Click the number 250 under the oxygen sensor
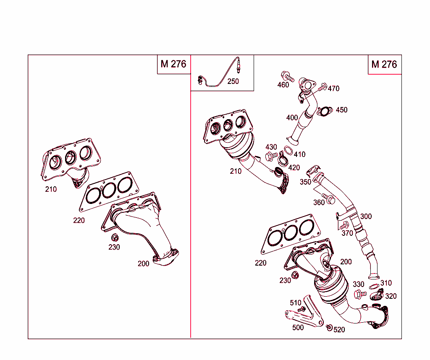(x=233, y=81)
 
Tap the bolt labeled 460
(x=288, y=76)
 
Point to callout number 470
(x=333, y=89)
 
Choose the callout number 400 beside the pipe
(x=292, y=117)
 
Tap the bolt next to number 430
(x=271, y=156)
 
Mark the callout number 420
(x=294, y=168)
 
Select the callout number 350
(x=305, y=182)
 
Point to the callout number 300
(x=366, y=217)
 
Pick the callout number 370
(x=347, y=233)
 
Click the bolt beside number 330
(x=359, y=294)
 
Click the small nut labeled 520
(x=329, y=327)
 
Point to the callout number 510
(x=296, y=303)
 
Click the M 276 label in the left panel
(x=173, y=64)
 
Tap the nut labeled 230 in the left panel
(x=114, y=237)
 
